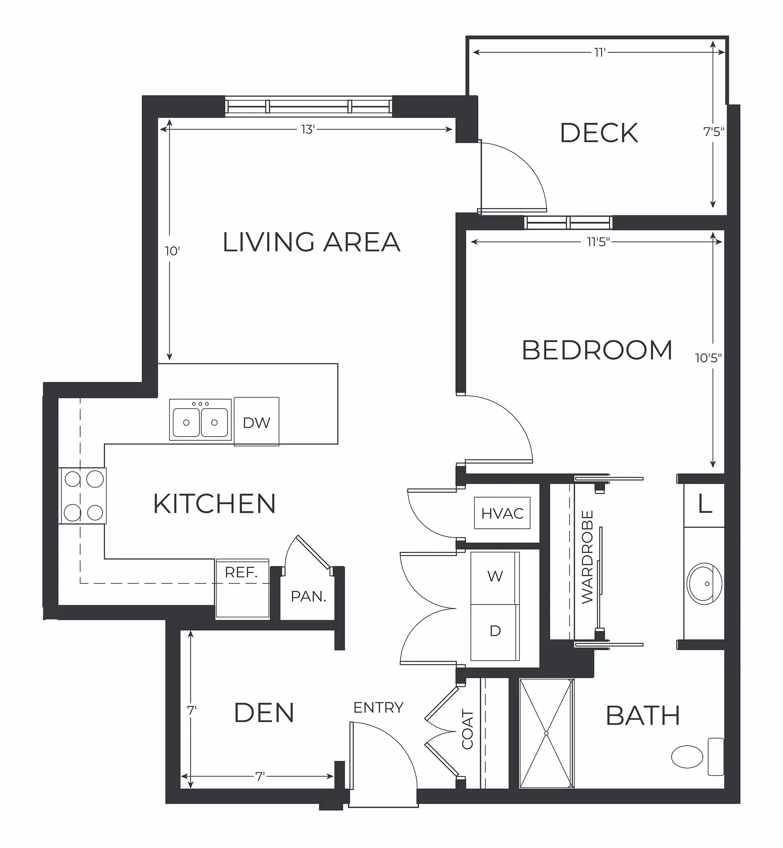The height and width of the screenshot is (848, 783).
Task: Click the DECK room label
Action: pos(599,133)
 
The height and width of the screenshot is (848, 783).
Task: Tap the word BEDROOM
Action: pos(597,351)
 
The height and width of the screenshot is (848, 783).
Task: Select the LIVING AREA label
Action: pos(311,242)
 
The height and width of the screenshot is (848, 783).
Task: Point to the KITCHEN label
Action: pos(215,503)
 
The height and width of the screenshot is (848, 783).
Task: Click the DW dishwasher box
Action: pos(257,421)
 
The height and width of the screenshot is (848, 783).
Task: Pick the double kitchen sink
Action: pos(200,420)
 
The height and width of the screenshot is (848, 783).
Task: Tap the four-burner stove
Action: pos(83,496)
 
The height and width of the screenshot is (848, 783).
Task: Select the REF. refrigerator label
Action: pos(241,572)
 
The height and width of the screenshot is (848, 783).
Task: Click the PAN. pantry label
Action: pos(308,597)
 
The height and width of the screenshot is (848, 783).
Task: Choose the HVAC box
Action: pos(502,513)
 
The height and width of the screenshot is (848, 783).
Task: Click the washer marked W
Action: pos(495,578)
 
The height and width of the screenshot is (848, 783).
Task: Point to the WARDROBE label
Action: pos(587,557)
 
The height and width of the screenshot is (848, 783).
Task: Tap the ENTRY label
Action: pos(378,708)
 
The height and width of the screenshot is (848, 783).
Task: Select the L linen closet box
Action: pos(704,505)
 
